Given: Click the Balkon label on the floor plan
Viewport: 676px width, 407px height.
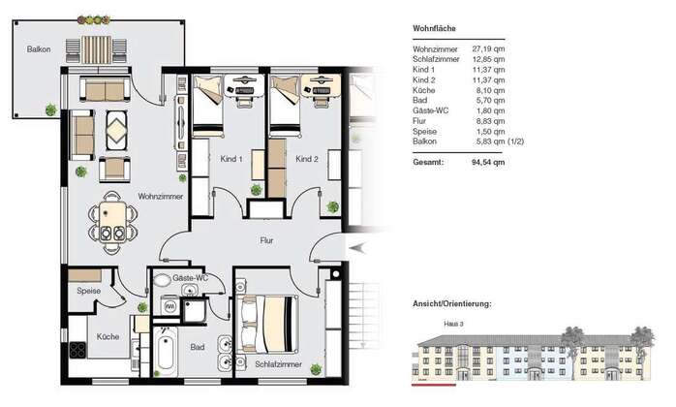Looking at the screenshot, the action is pos(39,49).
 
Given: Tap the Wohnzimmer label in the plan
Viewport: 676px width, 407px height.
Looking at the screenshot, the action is pos(161,197).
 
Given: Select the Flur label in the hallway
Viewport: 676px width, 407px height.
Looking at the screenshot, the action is pos(266,240).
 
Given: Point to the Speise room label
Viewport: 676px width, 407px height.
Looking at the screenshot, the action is pos(89,291).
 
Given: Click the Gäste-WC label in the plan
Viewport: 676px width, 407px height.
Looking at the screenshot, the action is pos(190,278).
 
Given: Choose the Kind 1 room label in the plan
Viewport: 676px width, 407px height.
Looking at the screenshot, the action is pos(231,159).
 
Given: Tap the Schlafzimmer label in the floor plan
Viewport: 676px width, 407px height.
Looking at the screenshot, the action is pos(279,364).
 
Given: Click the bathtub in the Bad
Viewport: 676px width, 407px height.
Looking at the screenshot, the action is pos(165,351).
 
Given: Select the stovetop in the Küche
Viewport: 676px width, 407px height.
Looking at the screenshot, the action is pos(77,350).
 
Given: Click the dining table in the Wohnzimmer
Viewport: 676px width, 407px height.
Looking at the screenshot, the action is pos(112,221).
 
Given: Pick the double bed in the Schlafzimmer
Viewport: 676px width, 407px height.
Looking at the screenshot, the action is pos(269,324).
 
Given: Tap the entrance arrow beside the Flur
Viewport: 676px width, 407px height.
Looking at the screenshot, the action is pos(357,248).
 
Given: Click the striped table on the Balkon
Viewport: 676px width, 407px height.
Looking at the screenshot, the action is pos(96,49).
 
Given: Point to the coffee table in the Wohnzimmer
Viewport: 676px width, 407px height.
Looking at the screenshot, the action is pos(116,131).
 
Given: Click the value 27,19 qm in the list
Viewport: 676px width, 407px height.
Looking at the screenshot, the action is pos(488,49).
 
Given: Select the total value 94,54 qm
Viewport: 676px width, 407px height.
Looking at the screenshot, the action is pos(488,162).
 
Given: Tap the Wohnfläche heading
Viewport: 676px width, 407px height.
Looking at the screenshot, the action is pos(434,28).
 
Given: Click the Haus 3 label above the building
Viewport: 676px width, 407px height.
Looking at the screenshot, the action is pos(453,324).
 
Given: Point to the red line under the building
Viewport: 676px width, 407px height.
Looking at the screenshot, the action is pos(434,384).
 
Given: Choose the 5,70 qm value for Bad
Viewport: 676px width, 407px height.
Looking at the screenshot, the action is pos(491,100).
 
